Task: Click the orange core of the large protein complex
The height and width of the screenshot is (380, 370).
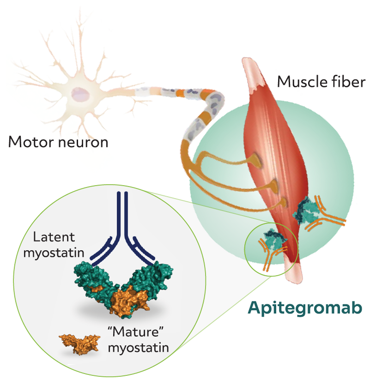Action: (124, 300)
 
